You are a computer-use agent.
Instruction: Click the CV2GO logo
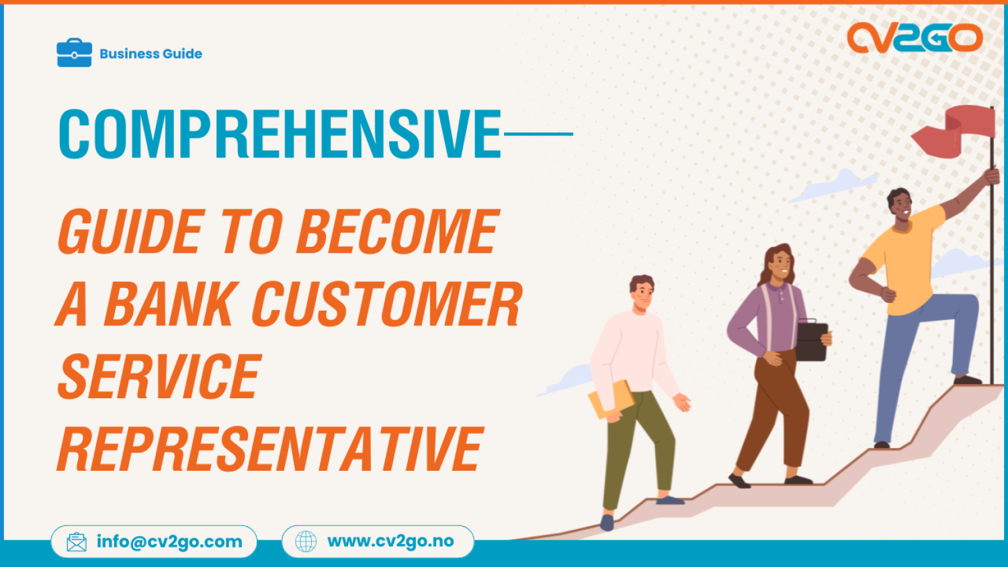pyautogui.click(x=915, y=38)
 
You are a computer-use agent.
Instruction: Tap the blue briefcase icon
pyautogui.click(x=74, y=53)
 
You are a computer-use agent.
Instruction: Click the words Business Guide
pyautogui.click(x=151, y=54)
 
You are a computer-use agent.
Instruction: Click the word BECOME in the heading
pyautogui.click(x=397, y=232)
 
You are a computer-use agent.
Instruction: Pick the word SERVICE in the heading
pyautogui.click(x=159, y=377)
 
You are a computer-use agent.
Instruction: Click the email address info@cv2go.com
pyautogui.click(x=169, y=541)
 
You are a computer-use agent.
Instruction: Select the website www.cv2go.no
pyautogui.click(x=390, y=541)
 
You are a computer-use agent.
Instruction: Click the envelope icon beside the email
pyautogui.click(x=77, y=542)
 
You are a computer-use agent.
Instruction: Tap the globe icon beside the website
pyautogui.click(x=306, y=541)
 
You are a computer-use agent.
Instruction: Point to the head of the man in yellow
pyautogui.click(x=900, y=205)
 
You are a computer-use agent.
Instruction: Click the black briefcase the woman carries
pyautogui.click(x=812, y=342)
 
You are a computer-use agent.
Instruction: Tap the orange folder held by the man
pyautogui.click(x=611, y=400)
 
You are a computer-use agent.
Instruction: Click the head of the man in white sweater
pyautogui.click(x=642, y=292)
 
